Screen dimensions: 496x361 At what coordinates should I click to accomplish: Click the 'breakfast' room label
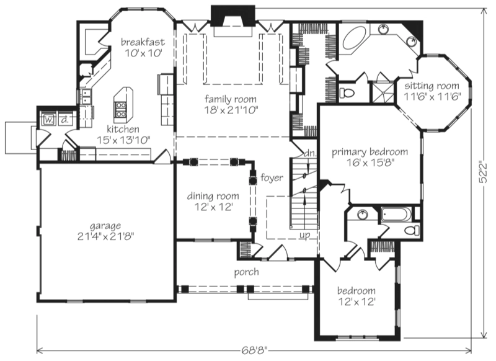tap(143, 42)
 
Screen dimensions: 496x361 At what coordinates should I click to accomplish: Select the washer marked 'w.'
tap(48, 119)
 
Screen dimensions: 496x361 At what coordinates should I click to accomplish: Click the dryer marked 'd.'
tap(65, 119)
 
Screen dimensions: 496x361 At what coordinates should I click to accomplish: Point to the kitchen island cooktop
tap(120, 109)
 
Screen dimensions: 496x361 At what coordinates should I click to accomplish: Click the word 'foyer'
tap(272, 178)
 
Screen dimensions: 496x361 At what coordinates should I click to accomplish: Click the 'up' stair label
tap(304, 235)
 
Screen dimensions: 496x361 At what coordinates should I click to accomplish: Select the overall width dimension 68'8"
tap(254, 350)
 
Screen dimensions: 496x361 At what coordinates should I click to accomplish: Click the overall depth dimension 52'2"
tap(483, 173)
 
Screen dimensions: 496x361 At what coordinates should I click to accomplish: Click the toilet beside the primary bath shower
tap(347, 93)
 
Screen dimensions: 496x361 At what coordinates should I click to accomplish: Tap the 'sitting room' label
tap(432, 86)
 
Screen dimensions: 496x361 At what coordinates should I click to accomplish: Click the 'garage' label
tap(105, 226)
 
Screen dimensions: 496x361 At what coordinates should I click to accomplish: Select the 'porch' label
tap(246, 272)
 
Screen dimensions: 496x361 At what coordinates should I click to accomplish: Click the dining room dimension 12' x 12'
tap(214, 207)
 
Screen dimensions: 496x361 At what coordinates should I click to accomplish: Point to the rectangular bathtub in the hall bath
tap(396, 215)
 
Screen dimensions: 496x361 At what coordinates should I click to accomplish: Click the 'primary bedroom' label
tap(370, 152)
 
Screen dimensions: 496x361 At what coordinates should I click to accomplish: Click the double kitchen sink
tap(86, 97)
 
